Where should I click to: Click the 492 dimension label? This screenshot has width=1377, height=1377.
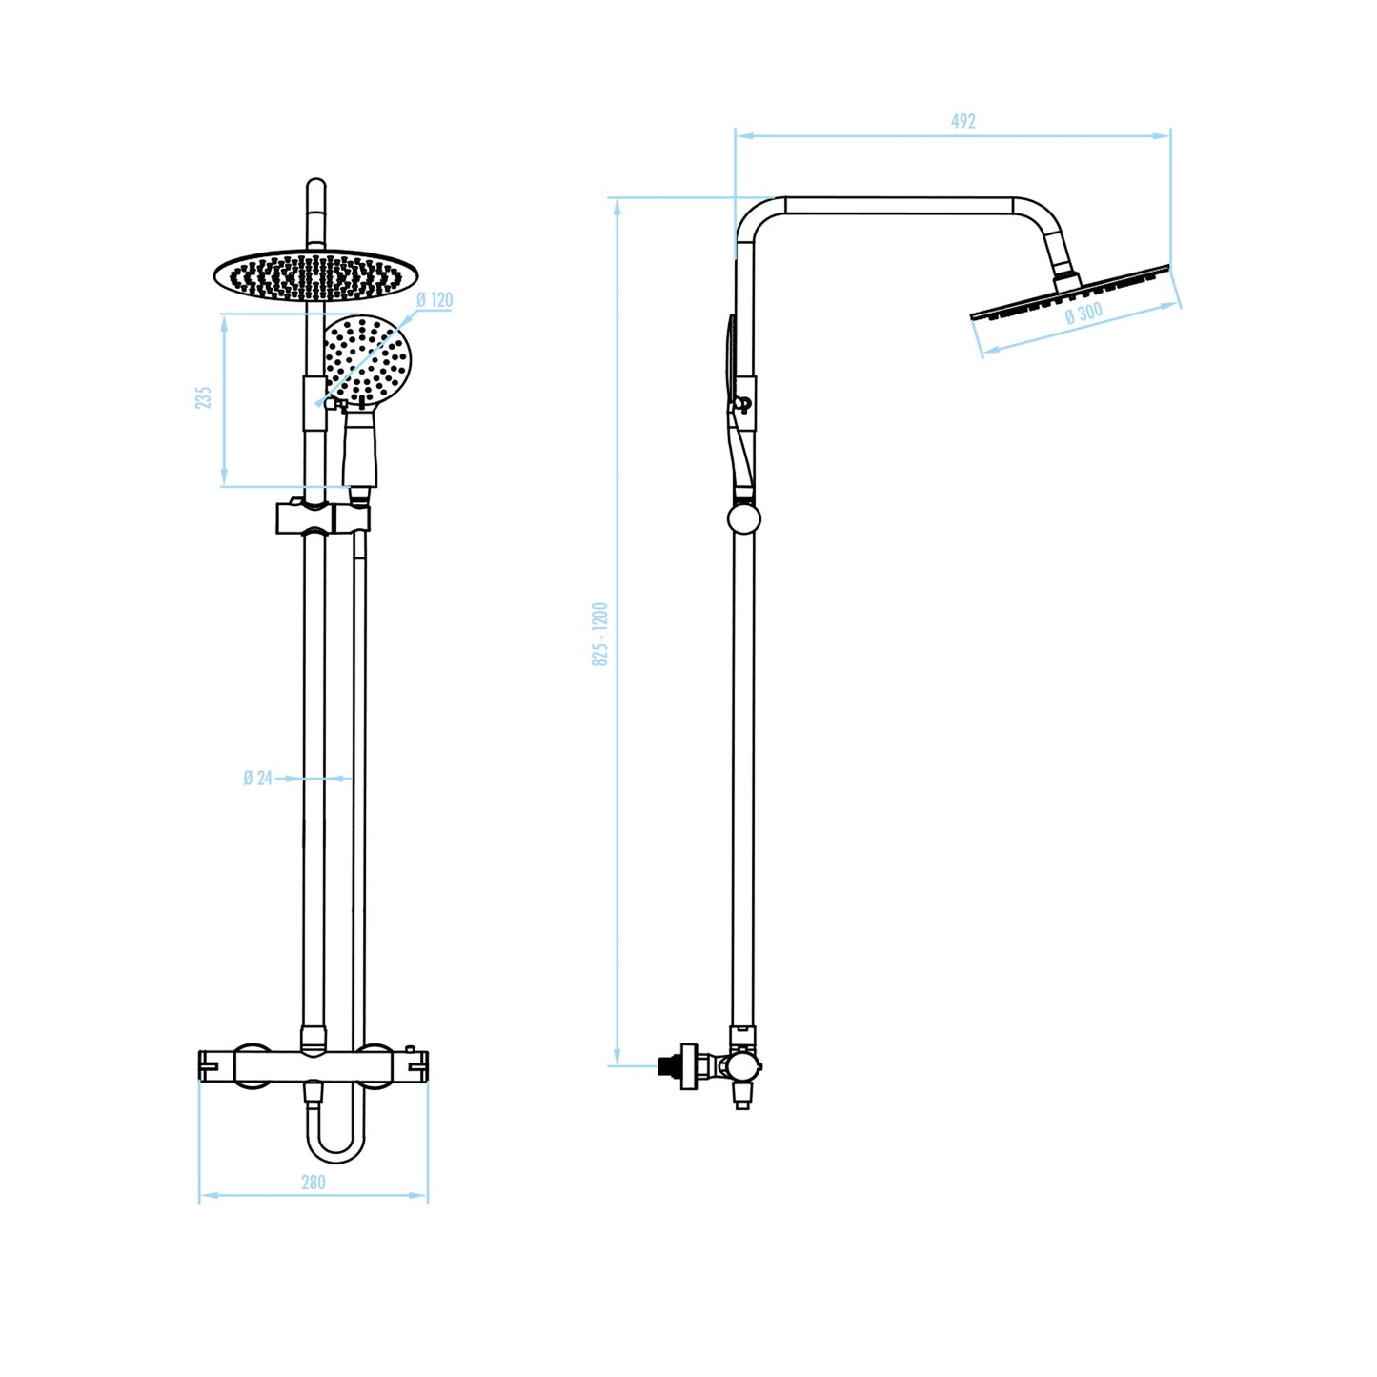[962, 121]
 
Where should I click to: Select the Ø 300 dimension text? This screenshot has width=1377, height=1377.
[1084, 313]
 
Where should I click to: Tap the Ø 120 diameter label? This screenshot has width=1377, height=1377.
[435, 300]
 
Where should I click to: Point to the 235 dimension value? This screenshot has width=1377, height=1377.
[204, 397]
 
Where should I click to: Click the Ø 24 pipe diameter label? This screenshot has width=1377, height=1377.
[258, 778]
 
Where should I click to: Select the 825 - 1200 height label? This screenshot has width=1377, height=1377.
[599, 635]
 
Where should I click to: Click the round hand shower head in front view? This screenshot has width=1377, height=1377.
[367, 361]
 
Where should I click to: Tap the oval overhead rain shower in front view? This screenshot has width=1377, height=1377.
[315, 275]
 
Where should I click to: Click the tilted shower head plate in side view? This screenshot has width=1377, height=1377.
[1070, 293]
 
